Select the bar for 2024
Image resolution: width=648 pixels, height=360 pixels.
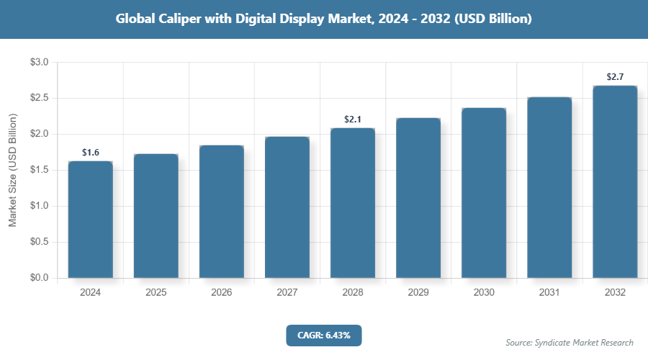[x=91, y=220]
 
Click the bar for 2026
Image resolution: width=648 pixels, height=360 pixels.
[x=222, y=212]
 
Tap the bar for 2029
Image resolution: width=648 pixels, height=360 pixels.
[x=418, y=198]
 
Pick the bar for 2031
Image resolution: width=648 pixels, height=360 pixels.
[x=549, y=187]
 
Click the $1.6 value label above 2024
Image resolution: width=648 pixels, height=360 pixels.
[x=91, y=153]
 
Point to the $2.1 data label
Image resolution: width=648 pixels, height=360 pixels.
[x=353, y=120]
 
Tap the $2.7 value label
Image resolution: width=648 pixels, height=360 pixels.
[x=615, y=77]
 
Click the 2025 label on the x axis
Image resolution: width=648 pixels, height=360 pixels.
[x=156, y=293]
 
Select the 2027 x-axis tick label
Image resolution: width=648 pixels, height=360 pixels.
[x=287, y=293]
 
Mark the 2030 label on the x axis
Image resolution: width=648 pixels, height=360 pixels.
[x=484, y=293]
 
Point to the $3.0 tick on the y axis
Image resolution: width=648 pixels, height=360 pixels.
[x=39, y=63]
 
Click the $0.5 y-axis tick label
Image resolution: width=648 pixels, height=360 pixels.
[x=39, y=242]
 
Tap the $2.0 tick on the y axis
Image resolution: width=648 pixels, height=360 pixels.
[x=39, y=135]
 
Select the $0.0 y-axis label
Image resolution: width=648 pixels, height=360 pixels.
[x=39, y=278]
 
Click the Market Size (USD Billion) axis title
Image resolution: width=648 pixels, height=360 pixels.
[x=12, y=170]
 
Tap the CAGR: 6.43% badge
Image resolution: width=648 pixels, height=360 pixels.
[x=323, y=335]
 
